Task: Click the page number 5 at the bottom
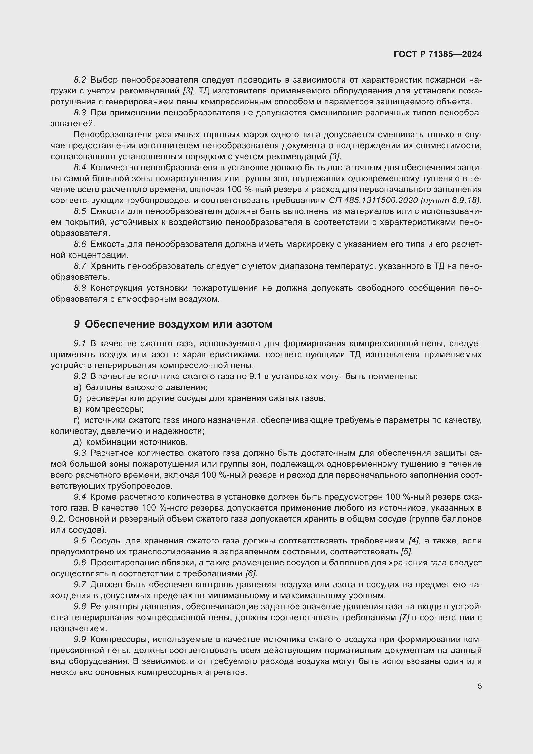coord(480,686)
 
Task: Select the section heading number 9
coord(76,324)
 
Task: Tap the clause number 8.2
coord(80,80)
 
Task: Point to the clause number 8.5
coord(80,211)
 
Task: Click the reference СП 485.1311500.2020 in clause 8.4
coord(373,200)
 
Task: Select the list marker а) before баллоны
coord(77,387)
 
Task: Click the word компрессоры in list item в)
coord(114,409)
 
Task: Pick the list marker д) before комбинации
coord(77,442)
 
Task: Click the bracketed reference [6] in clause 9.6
coord(251,573)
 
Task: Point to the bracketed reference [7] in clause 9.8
coord(404,617)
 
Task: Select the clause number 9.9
coord(80,639)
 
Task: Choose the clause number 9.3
coord(80,453)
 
